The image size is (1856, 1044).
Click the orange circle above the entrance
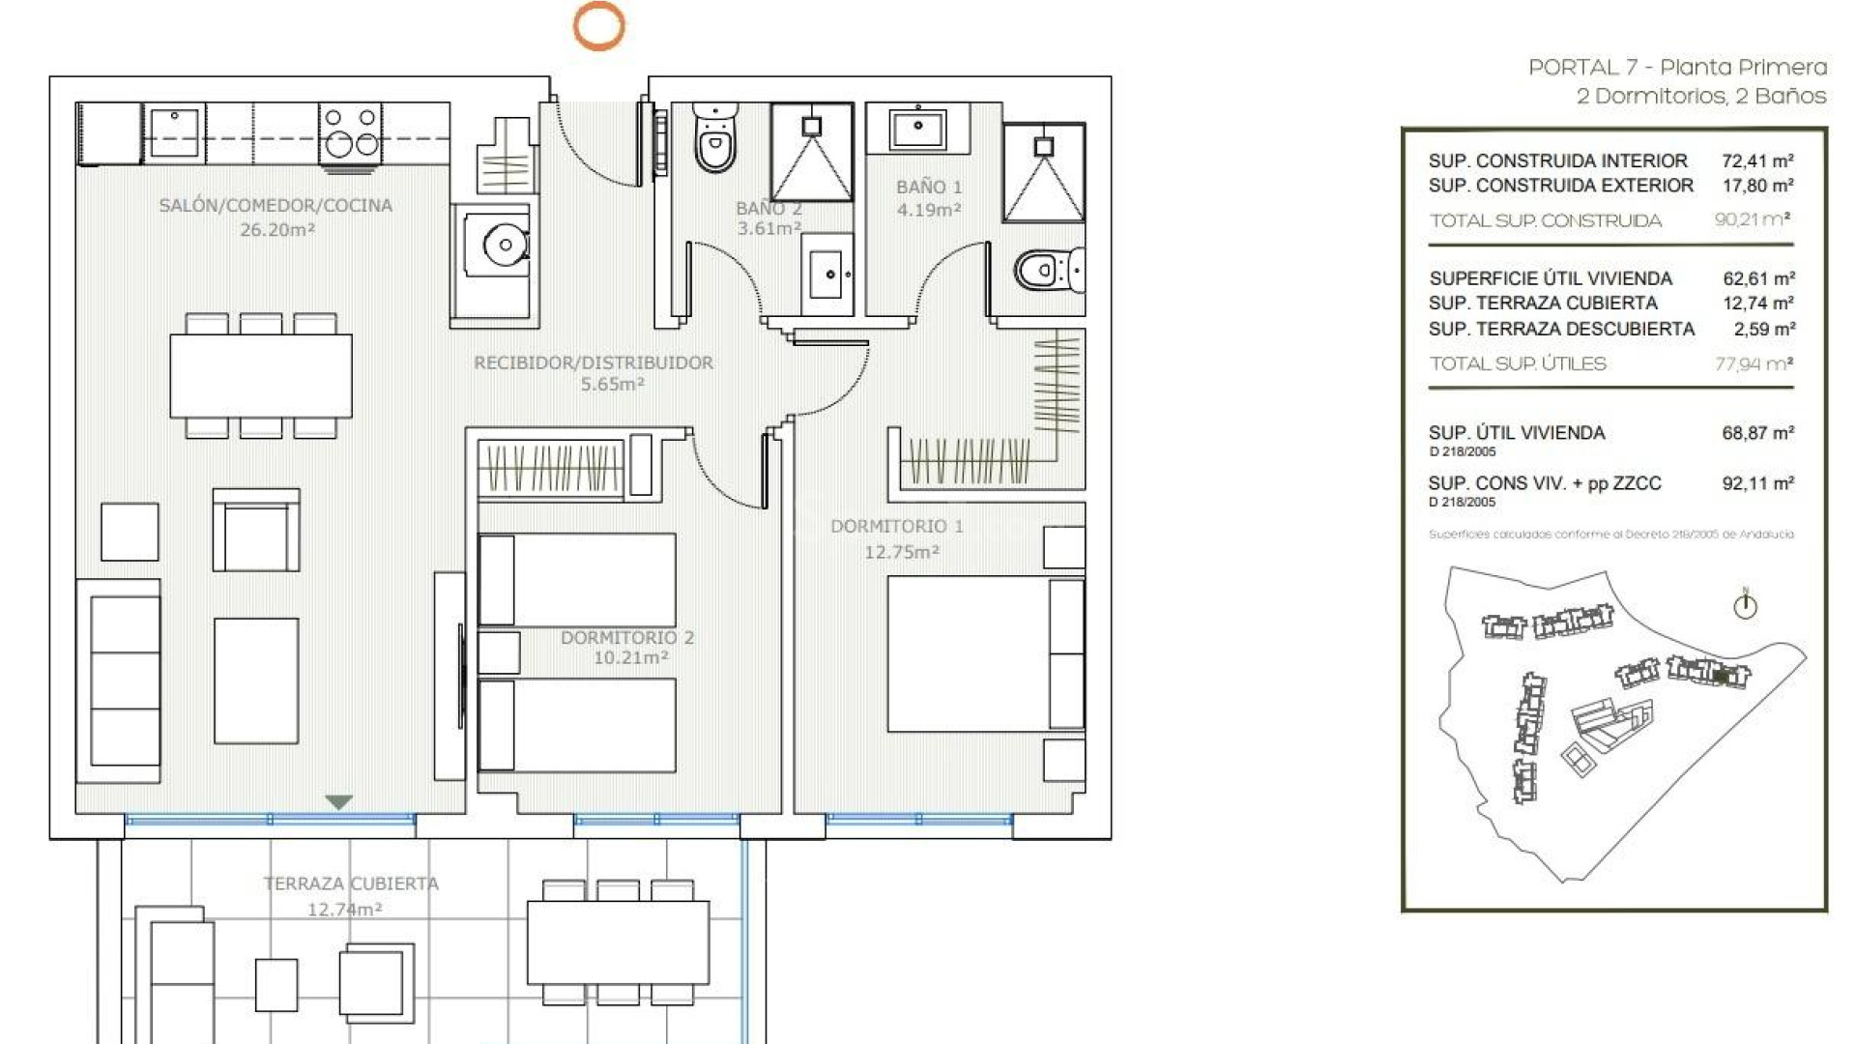598,26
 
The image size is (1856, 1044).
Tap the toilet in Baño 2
715,139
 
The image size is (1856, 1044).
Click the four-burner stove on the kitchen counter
350,132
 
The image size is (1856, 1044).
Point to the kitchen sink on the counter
175,130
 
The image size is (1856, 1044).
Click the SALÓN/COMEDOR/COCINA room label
275,205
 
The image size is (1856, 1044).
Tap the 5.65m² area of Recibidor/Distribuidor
612,385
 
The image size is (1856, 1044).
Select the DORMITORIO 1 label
896,527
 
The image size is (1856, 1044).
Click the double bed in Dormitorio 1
984,654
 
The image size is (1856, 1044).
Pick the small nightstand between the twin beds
499,652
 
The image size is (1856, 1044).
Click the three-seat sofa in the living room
120,681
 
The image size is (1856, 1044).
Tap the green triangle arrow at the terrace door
338,802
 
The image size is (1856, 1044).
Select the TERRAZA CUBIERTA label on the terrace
350,884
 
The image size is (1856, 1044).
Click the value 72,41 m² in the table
1756,161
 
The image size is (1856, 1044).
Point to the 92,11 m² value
1756,483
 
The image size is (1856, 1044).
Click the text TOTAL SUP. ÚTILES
1517,364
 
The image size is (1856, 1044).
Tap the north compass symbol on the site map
1745,606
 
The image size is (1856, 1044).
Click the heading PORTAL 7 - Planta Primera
1676,68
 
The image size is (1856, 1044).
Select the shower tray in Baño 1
1043,173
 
